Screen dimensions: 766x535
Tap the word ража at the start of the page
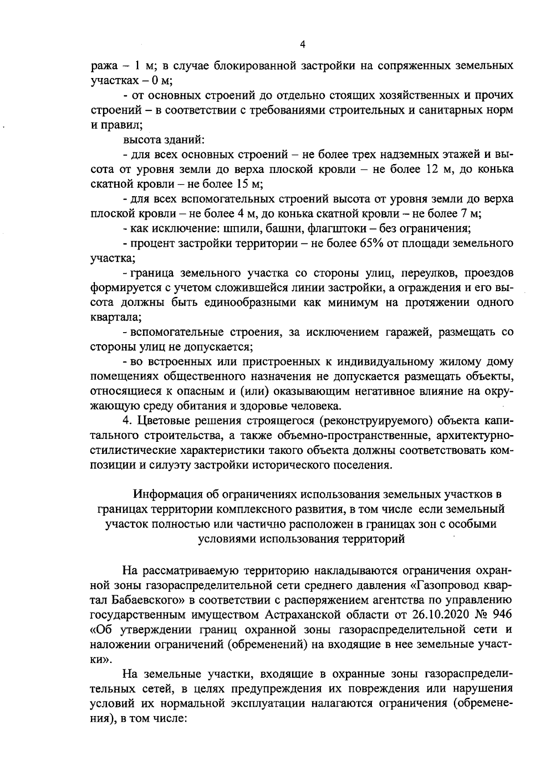click(103, 66)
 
